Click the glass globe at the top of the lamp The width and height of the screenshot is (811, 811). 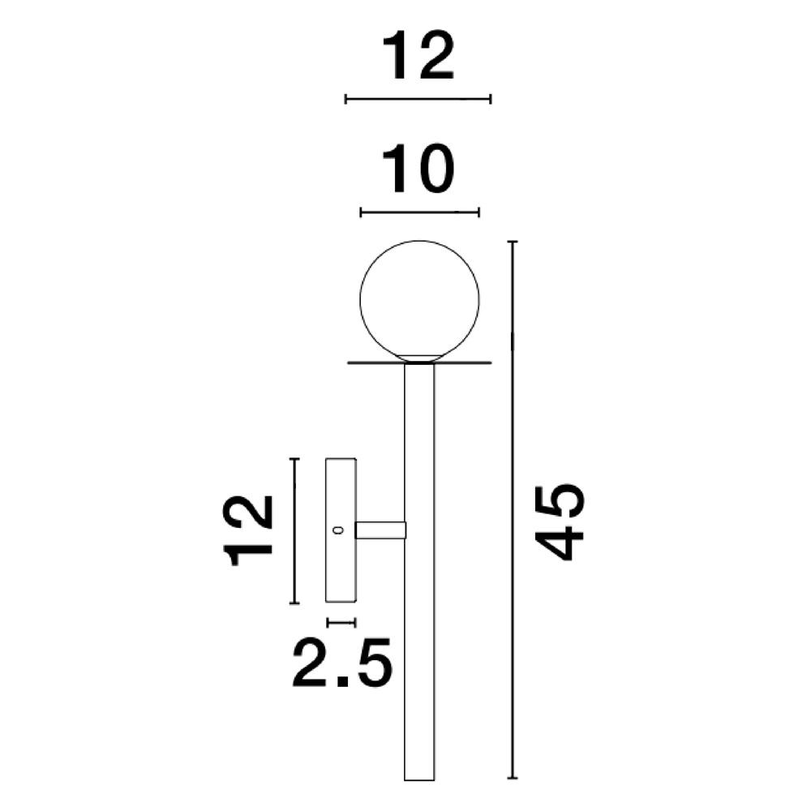(x=419, y=298)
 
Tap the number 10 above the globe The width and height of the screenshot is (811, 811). (x=418, y=170)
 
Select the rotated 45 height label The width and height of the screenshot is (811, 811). (x=561, y=522)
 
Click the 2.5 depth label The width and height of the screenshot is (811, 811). (x=341, y=662)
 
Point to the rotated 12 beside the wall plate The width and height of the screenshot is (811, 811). (x=249, y=530)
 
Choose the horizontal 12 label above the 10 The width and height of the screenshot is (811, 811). (x=418, y=58)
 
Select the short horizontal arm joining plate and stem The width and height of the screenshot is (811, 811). (x=380, y=530)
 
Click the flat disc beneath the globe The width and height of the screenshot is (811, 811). (x=419, y=363)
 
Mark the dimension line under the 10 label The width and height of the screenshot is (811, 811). (x=419, y=212)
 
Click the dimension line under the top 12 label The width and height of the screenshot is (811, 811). (x=418, y=99)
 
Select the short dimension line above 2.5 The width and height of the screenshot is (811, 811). (x=341, y=622)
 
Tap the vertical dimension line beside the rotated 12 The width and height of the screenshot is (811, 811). (x=295, y=530)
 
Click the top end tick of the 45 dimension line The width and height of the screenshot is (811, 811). (x=512, y=242)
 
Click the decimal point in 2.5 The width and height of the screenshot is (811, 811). (x=341, y=683)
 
